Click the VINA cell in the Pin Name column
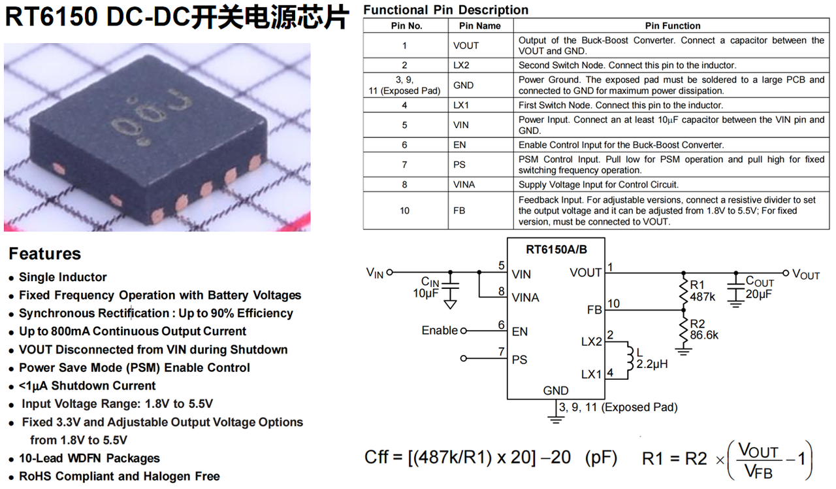pos(464,184)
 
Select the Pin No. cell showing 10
pos(404,211)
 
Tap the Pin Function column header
pos(673,25)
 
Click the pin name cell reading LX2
pos(461,65)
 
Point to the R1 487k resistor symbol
pos(683,292)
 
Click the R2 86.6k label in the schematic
pos(704,329)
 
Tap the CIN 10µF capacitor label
pos(426,287)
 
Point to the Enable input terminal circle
pos(464,331)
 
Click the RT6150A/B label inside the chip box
pos(556,250)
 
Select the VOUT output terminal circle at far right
pos(786,273)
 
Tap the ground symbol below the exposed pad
pos(556,420)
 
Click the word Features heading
pos(45,254)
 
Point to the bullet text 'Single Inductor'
pos(63,277)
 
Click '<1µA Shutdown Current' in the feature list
pos(87,386)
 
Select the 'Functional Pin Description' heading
pos(446,10)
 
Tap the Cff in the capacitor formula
pos(376,457)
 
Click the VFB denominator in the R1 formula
pos(759,471)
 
